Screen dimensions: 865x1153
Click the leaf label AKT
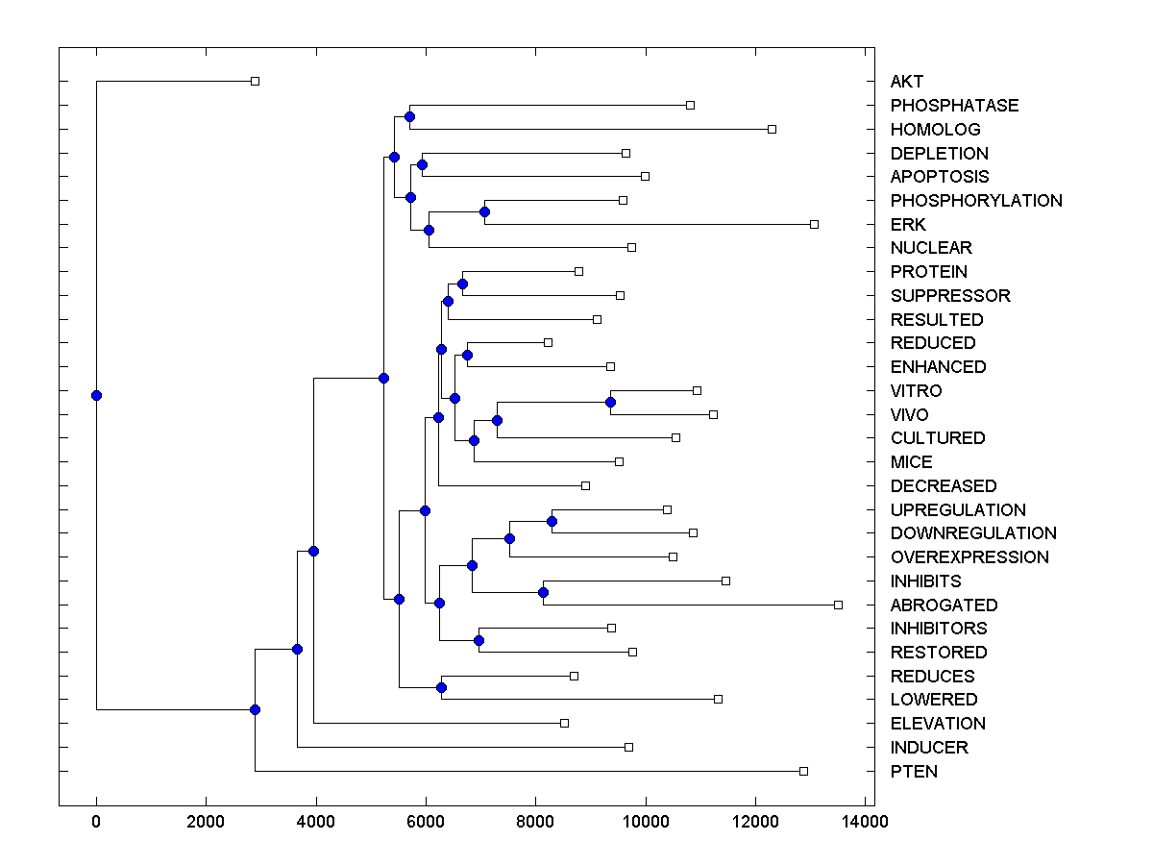(906, 82)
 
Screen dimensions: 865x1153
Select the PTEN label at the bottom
(914, 772)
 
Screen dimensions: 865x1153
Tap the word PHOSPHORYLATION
(976, 201)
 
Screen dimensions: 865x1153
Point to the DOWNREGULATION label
(973, 533)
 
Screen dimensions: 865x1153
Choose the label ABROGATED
(944, 605)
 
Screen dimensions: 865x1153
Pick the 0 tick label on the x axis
(96, 821)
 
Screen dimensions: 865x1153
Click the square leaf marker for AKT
(255, 82)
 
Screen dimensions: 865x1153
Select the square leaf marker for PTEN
(804, 771)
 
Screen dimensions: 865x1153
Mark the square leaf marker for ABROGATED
(838, 605)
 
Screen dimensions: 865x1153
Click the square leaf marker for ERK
(814, 224)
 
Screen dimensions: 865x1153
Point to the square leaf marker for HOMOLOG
(772, 129)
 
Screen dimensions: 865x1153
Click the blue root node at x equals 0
(96, 395)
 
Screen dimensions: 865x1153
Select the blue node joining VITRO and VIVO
(610, 402)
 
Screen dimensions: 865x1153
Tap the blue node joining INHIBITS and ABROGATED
(543, 592)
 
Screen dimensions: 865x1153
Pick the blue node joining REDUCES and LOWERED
(441, 687)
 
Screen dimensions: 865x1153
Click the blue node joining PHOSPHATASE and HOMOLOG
(409, 116)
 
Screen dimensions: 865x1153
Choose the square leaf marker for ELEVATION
(564, 723)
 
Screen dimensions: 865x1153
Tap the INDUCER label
(929, 748)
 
